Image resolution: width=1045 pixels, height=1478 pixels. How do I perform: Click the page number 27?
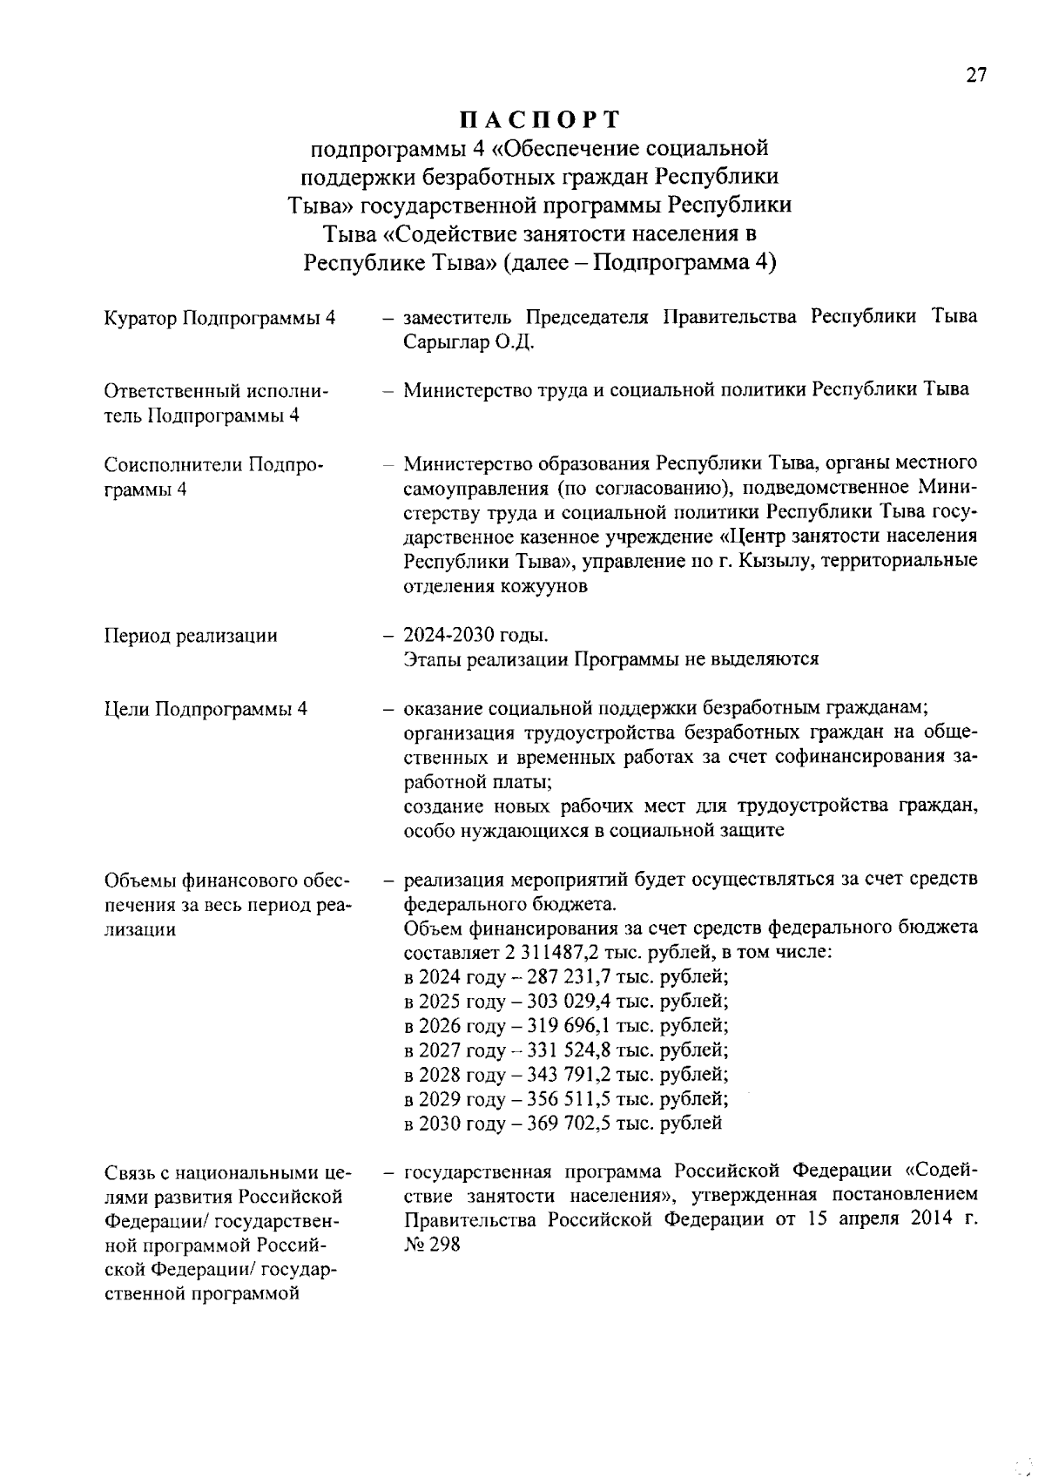[x=975, y=76]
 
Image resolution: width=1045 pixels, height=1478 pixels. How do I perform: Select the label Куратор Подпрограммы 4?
[x=219, y=318]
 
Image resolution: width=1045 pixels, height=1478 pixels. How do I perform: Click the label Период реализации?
[x=191, y=636]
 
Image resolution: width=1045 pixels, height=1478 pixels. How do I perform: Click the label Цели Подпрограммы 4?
[x=206, y=708]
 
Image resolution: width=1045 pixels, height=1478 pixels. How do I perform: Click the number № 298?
[x=432, y=1244]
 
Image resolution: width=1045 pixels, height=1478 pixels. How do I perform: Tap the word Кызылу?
[x=770, y=560]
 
